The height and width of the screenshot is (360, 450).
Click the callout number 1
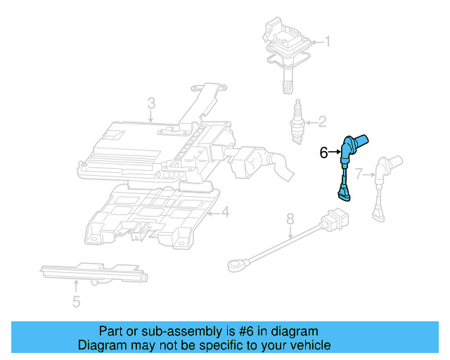point(326,41)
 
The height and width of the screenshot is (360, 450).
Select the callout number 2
point(322,122)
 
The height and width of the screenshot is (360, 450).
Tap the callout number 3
point(151,105)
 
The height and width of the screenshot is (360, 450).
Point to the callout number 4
point(224,212)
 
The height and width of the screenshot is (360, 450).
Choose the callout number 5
point(76,302)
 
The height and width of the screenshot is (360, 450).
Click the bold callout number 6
point(324,152)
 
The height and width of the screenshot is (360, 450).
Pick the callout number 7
point(359,173)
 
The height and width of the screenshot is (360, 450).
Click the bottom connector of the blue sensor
point(342,193)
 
